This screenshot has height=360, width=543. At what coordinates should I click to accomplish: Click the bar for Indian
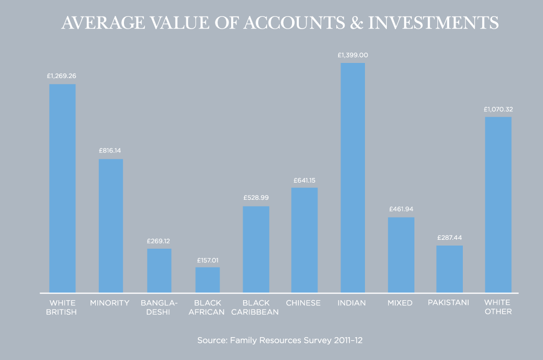pos(352,177)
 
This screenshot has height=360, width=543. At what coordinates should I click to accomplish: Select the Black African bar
pos(207,280)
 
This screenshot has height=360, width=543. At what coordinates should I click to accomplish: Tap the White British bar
pos(62,188)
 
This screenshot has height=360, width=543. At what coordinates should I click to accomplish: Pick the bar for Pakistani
pos(449,269)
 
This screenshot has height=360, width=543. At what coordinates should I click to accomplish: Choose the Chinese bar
pos(304,240)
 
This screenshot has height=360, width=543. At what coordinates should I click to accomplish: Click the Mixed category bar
pos(401,255)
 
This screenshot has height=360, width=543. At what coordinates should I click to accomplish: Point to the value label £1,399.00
pos(352,55)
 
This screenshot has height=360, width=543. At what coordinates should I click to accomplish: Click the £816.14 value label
pos(110,151)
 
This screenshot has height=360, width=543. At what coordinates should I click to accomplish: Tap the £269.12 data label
pos(159,241)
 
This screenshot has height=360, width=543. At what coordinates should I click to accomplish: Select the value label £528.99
pos(256,198)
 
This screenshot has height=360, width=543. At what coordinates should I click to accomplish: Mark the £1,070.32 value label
pos(498,109)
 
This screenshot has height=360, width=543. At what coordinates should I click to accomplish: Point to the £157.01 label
pos(207,260)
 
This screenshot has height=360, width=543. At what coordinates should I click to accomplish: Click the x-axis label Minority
pos(109,303)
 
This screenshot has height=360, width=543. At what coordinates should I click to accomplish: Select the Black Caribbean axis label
pos(256,307)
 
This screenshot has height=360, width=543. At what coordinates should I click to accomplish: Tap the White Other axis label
pos(498,307)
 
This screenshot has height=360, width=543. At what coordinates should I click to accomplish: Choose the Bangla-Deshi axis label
pos(159,307)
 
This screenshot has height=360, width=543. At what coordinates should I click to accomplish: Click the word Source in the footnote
pos(211,341)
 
